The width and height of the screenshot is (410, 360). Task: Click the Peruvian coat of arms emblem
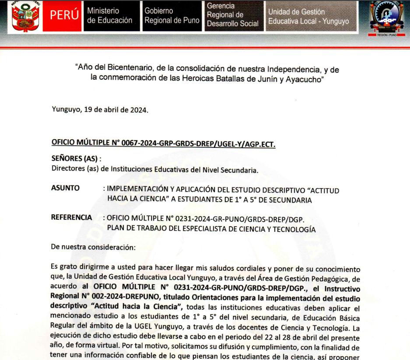coord(25,16)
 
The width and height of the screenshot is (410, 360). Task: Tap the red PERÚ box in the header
coord(64,15)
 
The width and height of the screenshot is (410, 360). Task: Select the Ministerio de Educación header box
coord(110,15)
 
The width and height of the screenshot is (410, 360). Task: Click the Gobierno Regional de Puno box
coord(172,15)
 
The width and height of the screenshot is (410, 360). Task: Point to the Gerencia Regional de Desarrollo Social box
coord(233,15)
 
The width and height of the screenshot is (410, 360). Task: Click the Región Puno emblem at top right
coord(387,17)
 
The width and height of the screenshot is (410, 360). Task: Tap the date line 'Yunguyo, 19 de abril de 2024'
coord(100,110)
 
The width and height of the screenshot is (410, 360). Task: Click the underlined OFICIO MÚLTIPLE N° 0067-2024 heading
coord(163,143)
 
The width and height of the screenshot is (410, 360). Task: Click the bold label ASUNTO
coord(66,188)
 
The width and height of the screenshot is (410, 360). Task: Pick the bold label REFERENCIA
coord(71,217)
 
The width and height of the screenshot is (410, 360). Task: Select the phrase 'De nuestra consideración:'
coord(93,247)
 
